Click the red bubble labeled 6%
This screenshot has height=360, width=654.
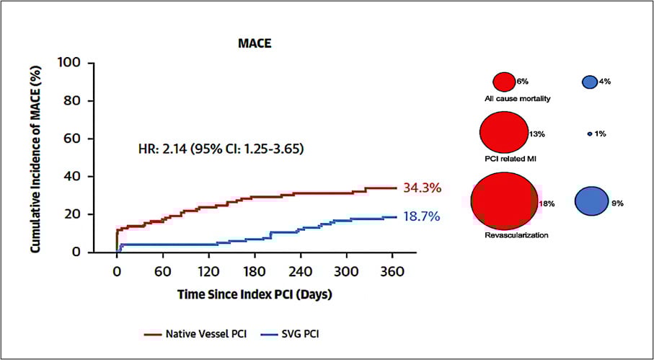click(x=504, y=82)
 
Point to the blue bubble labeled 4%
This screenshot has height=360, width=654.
click(x=589, y=82)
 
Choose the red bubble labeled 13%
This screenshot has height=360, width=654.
click(x=503, y=133)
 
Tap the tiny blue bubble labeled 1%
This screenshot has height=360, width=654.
click(x=590, y=133)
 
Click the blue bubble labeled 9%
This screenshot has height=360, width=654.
click(x=591, y=201)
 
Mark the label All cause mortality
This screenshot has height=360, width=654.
click(x=518, y=98)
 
